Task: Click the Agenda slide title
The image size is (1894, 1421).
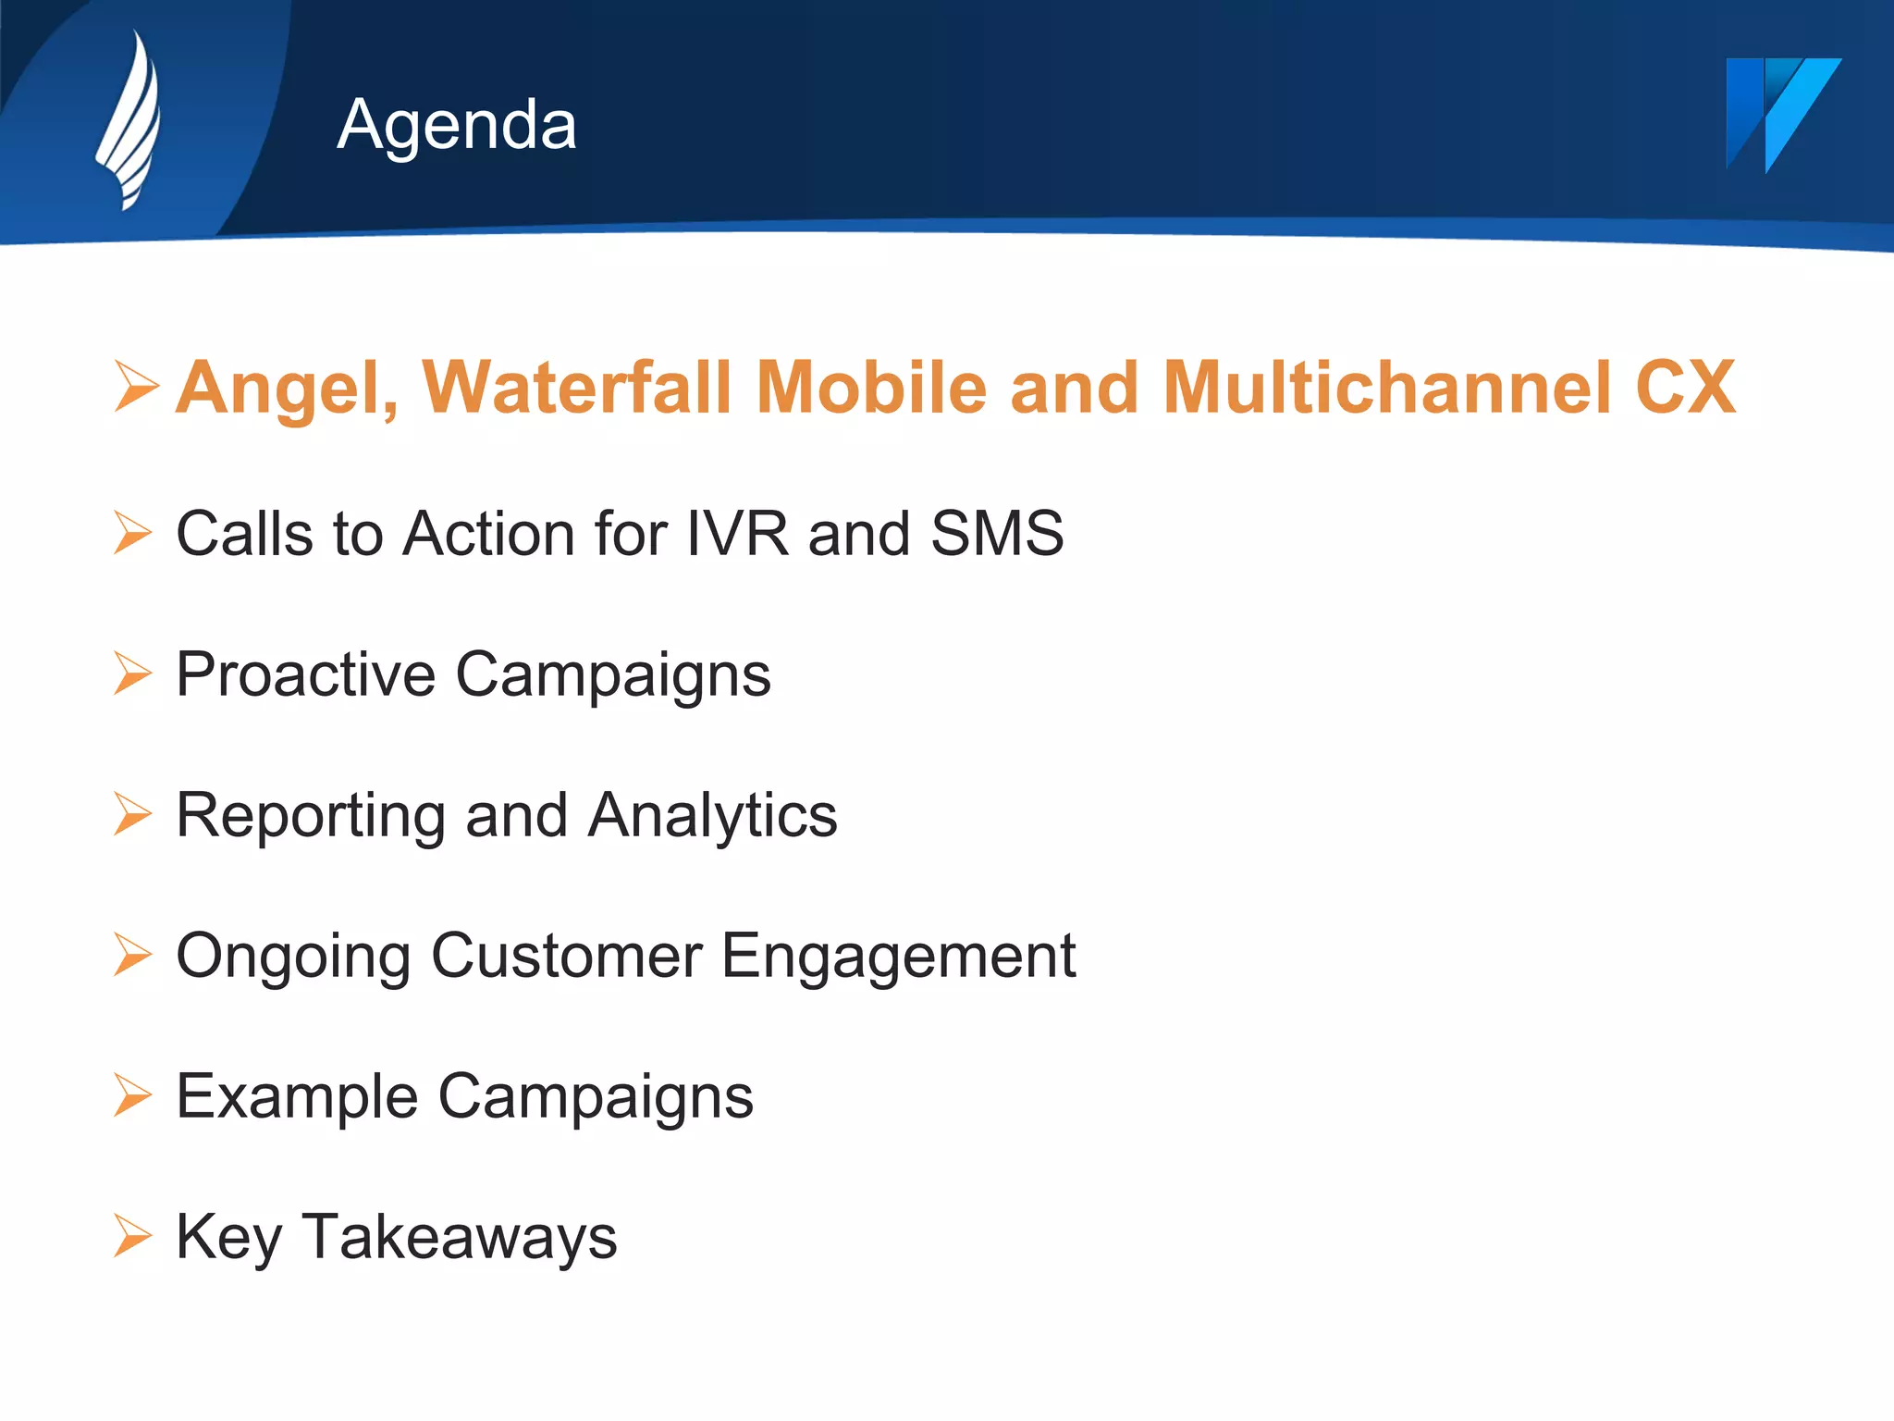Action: click(x=457, y=124)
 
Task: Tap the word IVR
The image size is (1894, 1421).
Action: click(x=737, y=534)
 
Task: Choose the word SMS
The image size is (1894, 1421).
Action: click(x=997, y=534)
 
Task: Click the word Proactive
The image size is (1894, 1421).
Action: click(x=305, y=674)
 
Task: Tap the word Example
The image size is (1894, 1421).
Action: click(x=297, y=1098)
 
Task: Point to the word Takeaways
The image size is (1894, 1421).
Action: click(x=459, y=1239)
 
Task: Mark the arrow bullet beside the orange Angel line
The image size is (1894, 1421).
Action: click(x=137, y=386)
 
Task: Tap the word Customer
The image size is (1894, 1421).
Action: click(x=566, y=956)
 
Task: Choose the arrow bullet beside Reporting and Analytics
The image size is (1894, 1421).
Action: click(x=133, y=814)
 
